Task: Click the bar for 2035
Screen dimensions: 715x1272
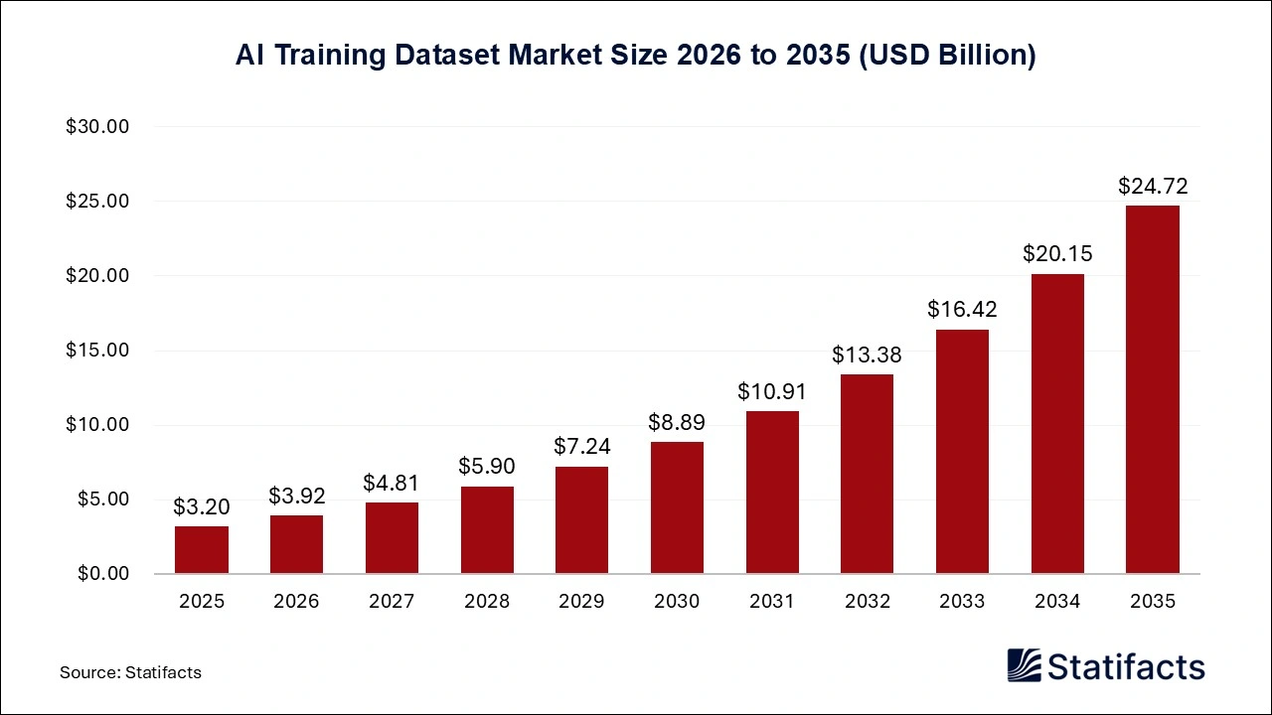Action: (x=1153, y=389)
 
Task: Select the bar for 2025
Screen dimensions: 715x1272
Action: (x=202, y=549)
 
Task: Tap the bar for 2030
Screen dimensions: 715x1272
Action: (x=677, y=507)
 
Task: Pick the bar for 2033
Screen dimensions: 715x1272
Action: (x=962, y=451)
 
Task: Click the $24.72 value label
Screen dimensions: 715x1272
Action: (x=1153, y=186)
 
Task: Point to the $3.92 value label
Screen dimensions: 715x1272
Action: (x=296, y=496)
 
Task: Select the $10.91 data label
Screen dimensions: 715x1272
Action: (x=772, y=391)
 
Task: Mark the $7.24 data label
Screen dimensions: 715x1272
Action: (x=581, y=447)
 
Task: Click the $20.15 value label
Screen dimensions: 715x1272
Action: (x=1057, y=254)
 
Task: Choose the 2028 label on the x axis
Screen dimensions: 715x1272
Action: (x=487, y=601)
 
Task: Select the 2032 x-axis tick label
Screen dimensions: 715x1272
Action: (x=868, y=601)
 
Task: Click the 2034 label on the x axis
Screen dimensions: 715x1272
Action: (x=1057, y=601)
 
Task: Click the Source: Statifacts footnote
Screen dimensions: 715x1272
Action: (x=130, y=672)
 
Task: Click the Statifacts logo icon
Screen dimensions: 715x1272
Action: (x=1024, y=665)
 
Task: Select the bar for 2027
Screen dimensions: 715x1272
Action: (x=392, y=537)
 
